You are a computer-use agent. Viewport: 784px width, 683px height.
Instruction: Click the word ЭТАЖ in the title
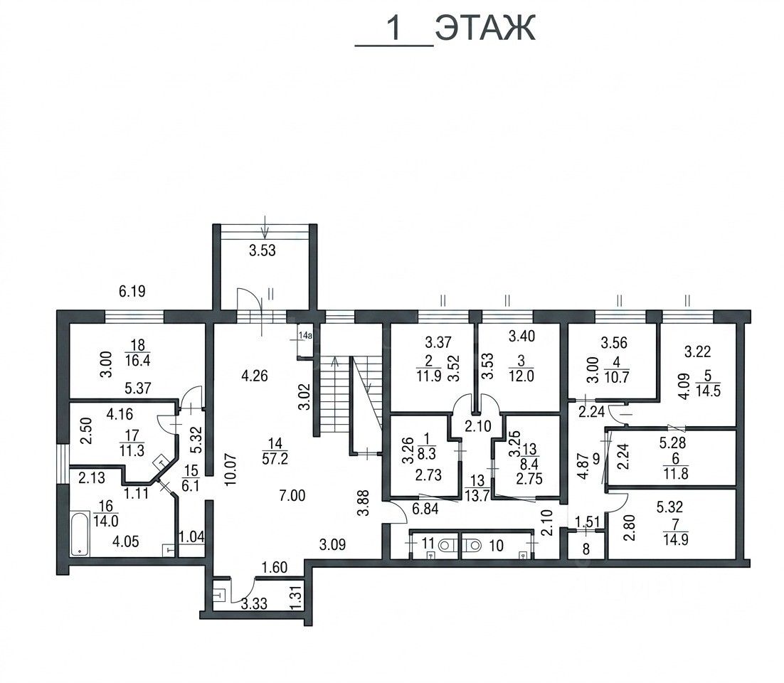tap(485, 28)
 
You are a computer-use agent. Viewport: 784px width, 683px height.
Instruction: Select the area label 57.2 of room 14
tap(275, 458)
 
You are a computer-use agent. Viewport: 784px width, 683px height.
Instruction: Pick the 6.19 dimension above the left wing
tap(132, 292)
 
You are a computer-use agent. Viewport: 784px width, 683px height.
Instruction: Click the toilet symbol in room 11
tap(445, 544)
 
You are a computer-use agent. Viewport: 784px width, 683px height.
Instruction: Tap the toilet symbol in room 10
tap(472, 544)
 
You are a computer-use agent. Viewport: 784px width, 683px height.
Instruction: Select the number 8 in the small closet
tap(586, 549)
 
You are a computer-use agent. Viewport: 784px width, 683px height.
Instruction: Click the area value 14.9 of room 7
tap(675, 540)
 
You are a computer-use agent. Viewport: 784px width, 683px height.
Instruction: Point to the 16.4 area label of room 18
tap(138, 361)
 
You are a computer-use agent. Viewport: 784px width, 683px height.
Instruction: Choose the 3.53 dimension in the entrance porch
tap(263, 250)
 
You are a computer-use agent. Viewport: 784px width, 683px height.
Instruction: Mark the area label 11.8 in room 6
tap(676, 473)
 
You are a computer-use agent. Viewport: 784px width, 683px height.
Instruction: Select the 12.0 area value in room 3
tap(521, 376)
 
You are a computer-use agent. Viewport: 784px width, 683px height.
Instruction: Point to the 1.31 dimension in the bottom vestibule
tap(297, 597)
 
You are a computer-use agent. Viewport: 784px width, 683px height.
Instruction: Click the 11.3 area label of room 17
tap(132, 450)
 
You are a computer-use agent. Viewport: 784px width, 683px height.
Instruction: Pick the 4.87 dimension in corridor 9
tap(583, 465)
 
